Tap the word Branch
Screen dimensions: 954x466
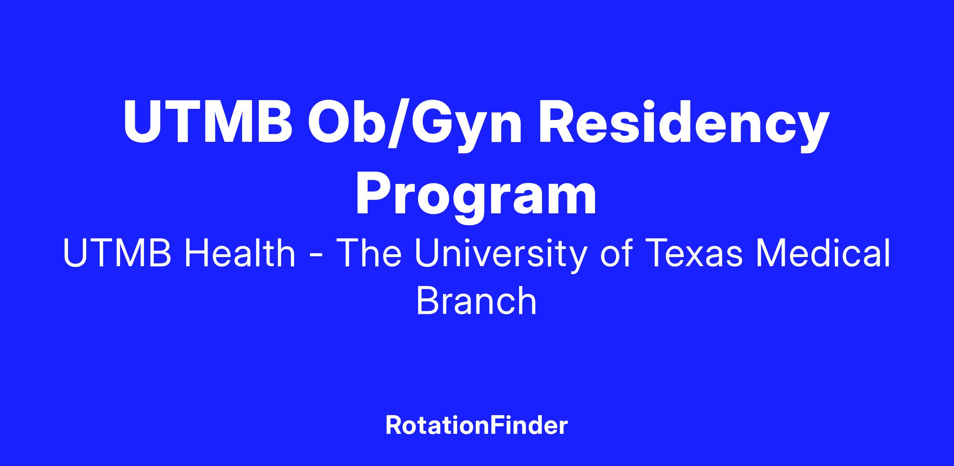tap(477, 301)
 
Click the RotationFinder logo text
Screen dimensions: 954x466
tap(477, 425)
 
